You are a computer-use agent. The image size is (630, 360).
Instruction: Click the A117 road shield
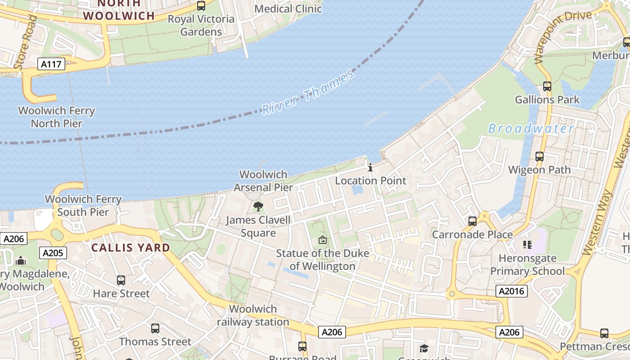coord(50,64)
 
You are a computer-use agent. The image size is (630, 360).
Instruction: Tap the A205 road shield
coord(53,253)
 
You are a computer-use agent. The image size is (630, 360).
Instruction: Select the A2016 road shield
coord(512,291)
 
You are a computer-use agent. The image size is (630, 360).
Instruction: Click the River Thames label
coord(308,93)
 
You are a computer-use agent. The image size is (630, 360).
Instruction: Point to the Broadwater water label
coord(531,129)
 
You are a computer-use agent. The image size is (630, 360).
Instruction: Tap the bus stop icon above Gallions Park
coord(547,86)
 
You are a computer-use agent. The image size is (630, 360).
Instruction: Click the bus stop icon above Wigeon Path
coord(539,157)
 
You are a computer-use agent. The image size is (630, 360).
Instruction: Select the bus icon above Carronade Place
coord(472,221)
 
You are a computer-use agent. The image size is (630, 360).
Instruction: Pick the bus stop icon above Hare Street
coord(121,280)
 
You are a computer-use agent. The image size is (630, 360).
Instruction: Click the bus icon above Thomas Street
coord(155,328)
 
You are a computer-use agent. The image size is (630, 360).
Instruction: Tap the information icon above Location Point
coord(370,167)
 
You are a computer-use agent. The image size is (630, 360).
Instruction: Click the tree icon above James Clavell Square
coord(258,207)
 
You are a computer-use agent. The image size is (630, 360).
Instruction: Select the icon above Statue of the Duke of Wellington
coord(322,240)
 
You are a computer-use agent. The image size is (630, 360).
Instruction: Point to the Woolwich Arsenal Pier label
coord(263,181)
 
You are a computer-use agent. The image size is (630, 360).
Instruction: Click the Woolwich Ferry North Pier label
coord(56,117)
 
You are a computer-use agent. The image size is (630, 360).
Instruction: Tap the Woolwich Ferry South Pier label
coord(83,206)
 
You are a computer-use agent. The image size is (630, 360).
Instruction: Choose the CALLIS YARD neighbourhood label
coord(130,247)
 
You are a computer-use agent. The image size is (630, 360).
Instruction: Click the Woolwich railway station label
coord(253,315)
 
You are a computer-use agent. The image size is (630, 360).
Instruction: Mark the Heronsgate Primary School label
coord(527,265)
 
